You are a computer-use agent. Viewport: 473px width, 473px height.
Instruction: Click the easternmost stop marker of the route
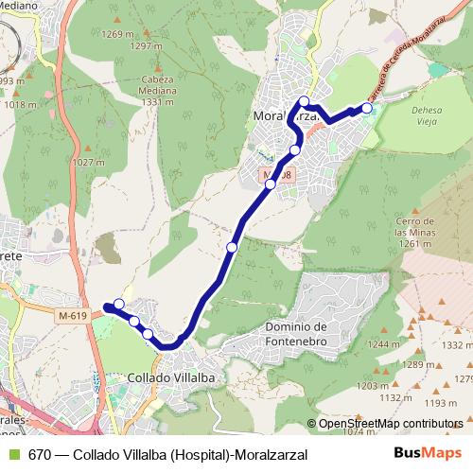367,107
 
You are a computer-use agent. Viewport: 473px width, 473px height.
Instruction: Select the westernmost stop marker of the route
118,304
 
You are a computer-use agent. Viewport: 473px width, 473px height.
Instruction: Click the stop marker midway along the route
232,247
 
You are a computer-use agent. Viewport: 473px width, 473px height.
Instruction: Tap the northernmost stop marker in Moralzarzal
304,101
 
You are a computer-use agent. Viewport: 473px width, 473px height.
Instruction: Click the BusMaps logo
428,453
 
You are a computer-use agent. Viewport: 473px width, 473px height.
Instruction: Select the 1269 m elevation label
118,34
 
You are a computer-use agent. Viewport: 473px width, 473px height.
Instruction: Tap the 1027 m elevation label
88,163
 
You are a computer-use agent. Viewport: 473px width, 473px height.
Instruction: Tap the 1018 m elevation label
17,106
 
